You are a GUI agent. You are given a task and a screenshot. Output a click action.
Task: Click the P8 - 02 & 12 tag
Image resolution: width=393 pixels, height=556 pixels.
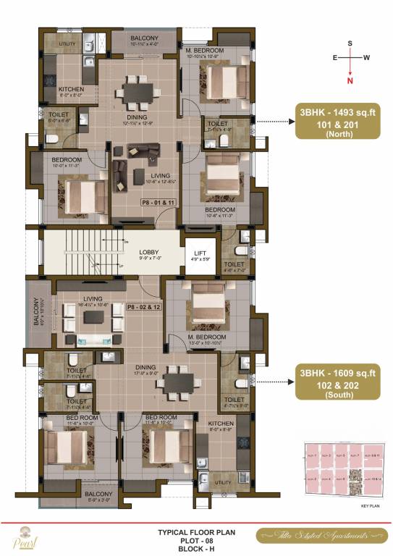144,307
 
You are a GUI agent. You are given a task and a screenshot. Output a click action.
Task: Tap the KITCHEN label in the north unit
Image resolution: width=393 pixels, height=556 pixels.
71,89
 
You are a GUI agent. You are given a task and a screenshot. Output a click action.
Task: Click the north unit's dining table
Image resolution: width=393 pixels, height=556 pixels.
137,90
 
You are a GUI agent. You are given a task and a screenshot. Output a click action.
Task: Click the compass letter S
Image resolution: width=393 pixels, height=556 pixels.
350,43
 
